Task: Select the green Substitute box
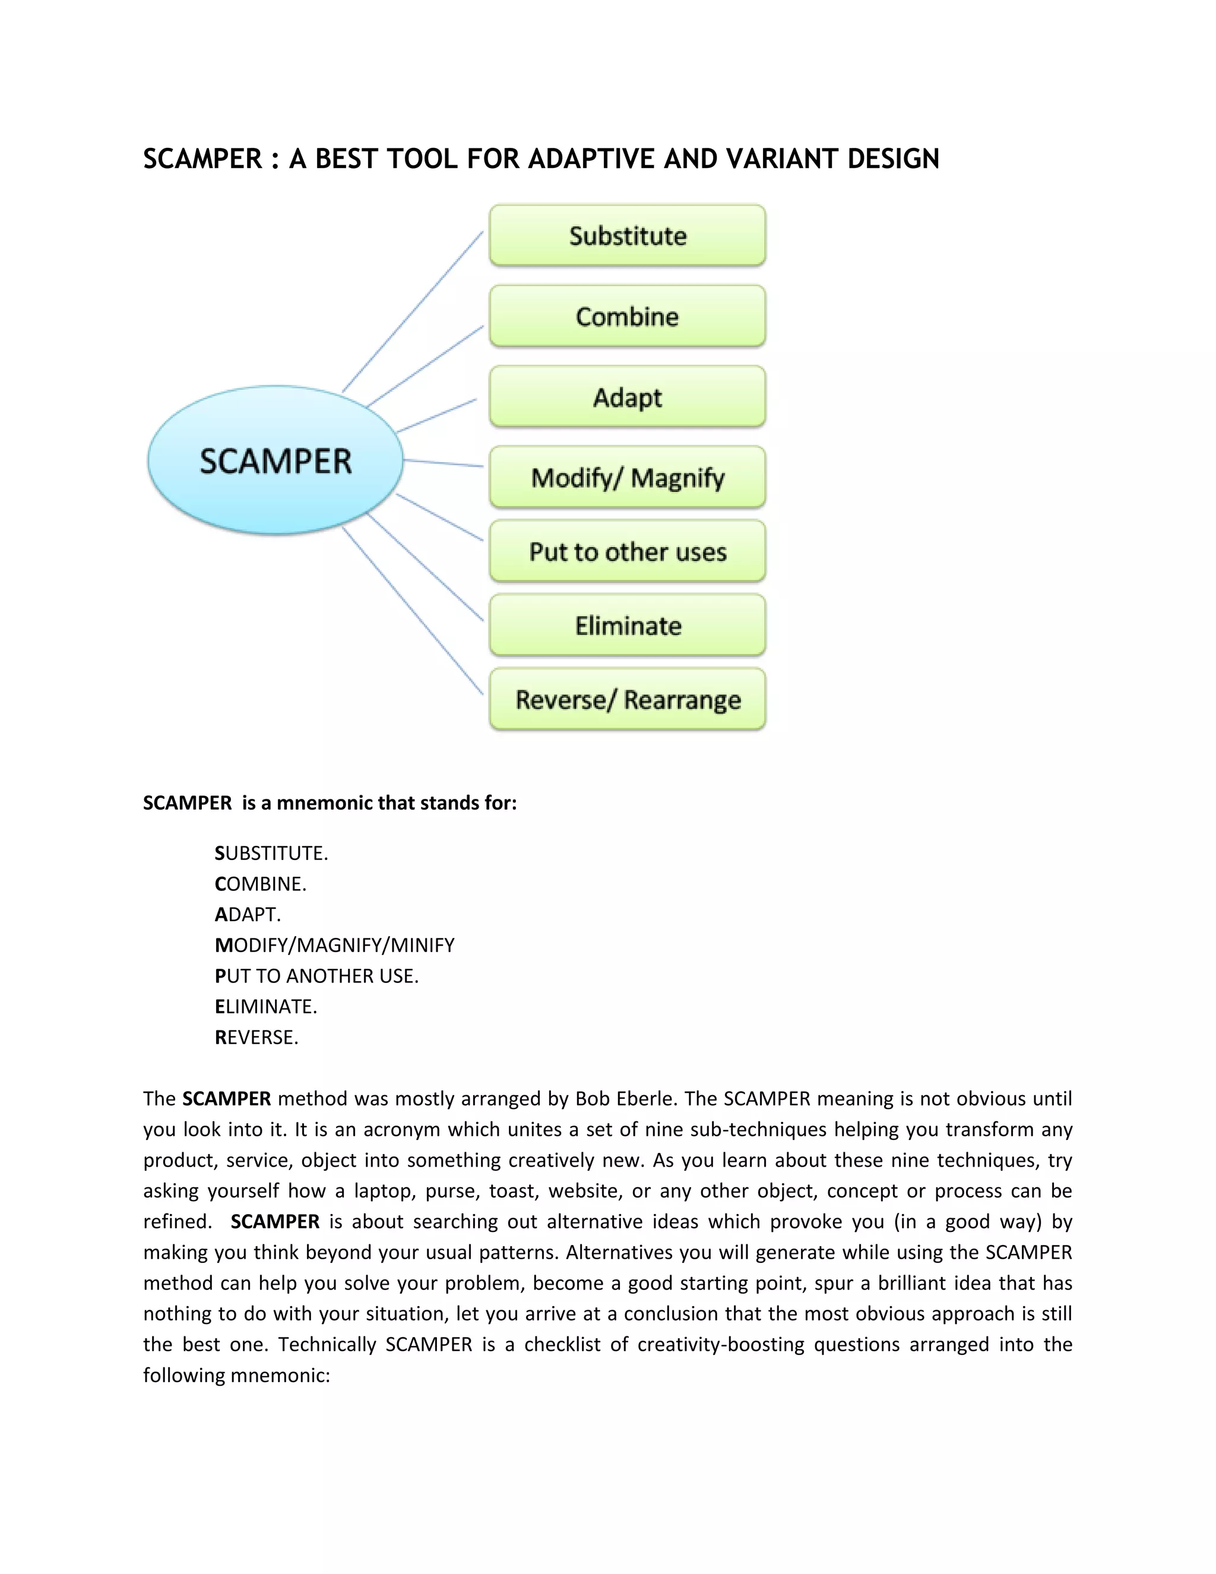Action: (x=627, y=236)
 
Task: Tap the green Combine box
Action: (x=627, y=317)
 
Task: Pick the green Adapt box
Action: (x=627, y=397)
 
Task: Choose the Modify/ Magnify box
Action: (x=627, y=477)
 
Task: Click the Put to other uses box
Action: (x=627, y=551)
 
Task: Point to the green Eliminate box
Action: (x=627, y=625)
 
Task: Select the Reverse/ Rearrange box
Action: (x=627, y=699)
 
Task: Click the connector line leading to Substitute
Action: (x=413, y=311)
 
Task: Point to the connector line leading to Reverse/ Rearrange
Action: (x=412, y=611)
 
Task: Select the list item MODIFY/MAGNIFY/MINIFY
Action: (x=335, y=945)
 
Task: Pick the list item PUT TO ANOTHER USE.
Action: (x=316, y=976)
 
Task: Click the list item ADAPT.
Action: (x=248, y=915)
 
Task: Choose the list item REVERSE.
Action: (x=256, y=1037)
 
